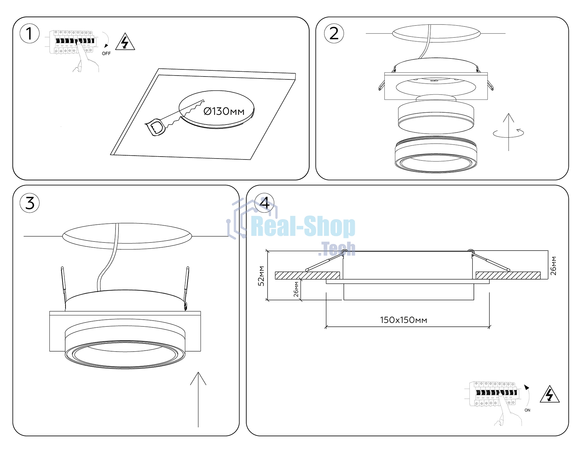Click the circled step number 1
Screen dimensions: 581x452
pyautogui.click(x=30, y=34)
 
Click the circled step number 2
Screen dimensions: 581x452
pyautogui.click(x=334, y=34)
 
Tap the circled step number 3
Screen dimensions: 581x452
pyautogui.click(x=30, y=203)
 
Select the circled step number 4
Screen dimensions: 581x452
pyautogui.click(x=264, y=203)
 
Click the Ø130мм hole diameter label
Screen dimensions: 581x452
pyautogui.click(x=224, y=111)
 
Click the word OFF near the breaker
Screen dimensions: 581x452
pyautogui.click(x=106, y=54)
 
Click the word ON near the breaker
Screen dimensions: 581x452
pyautogui.click(x=527, y=410)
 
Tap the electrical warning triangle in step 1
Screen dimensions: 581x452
pyautogui.click(x=125, y=42)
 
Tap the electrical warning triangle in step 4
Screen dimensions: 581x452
pyautogui.click(x=549, y=395)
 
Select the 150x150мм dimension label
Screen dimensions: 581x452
pyautogui.click(x=403, y=320)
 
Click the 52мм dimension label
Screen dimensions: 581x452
pyautogui.click(x=261, y=276)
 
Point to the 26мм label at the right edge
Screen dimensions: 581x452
pyautogui.click(x=554, y=266)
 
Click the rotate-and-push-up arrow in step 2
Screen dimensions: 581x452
pyautogui.click(x=509, y=132)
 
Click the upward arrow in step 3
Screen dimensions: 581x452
pyautogui.click(x=198, y=400)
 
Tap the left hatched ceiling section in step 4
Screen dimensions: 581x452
pyautogui.click(x=307, y=275)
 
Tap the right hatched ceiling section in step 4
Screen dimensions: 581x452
pyautogui.click(x=508, y=275)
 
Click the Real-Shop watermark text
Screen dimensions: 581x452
pyautogui.click(x=303, y=227)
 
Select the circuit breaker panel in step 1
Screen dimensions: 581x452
pyautogui.click(x=73, y=42)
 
